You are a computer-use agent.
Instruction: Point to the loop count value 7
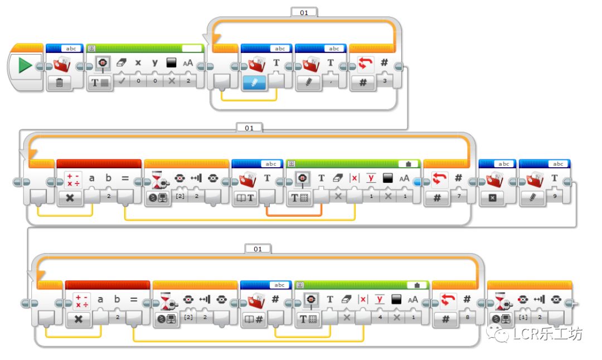[x=458, y=197]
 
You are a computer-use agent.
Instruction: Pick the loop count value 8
[x=467, y=318]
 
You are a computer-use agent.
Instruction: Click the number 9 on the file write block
[x=555, y=196]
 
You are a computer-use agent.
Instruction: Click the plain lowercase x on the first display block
[x=138, y=63]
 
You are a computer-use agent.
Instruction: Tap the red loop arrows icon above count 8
[x=448, y=299]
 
